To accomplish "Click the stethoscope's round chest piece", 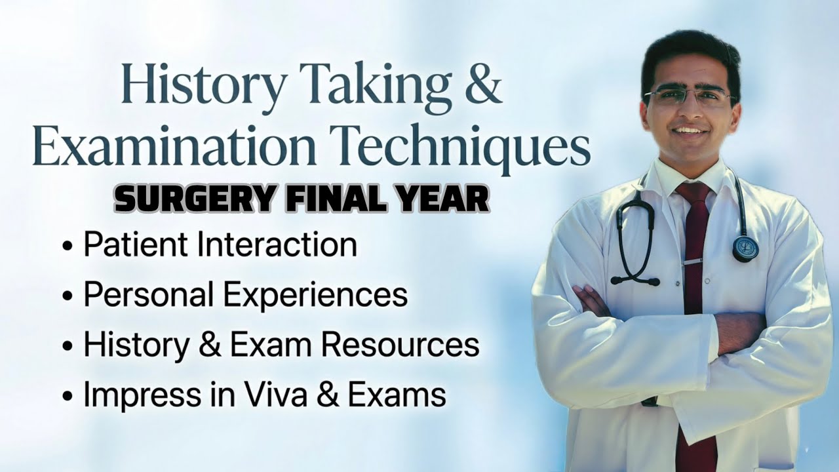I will (x=745, y=248).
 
